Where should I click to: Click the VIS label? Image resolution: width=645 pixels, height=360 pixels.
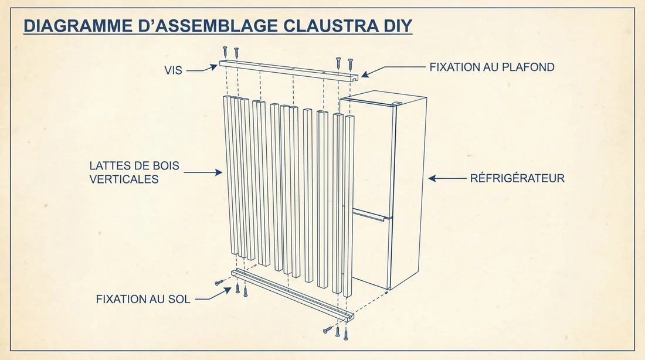tap(174, 70)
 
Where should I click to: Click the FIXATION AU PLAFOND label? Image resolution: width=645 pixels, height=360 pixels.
tap(491, 67)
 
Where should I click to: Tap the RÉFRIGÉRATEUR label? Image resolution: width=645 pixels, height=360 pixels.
tap(517, 178)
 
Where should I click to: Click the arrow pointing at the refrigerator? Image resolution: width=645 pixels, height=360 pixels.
tap(446, 178)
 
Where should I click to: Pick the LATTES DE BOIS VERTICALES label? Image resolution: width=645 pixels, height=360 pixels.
tap(134, 173)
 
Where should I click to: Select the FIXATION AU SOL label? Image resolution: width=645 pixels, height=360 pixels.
tap(143, 299)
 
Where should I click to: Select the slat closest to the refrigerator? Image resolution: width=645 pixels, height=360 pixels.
tap(349, 205)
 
